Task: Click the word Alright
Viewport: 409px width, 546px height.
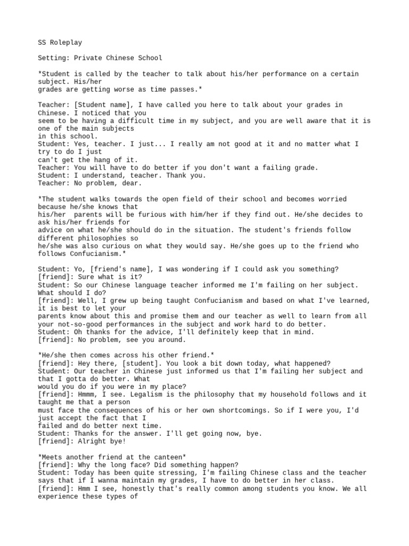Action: point(95,442)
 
